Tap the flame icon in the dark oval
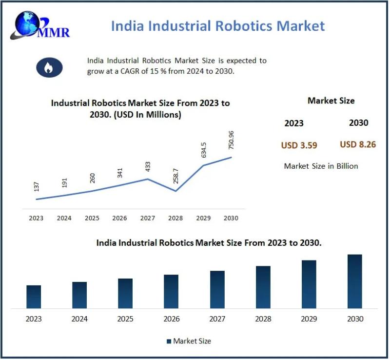point(49,67)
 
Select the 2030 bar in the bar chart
point(355,281)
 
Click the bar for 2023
point(34,297)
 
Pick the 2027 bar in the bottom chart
point(217,289)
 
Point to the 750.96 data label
point(232,140)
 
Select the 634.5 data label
point(204,150)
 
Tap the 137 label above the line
point(37,187)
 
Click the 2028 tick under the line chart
point(175,218)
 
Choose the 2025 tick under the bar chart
point(125,319)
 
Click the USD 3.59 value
point(299,145)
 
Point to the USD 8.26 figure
point(358,144)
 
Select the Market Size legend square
point(169,341)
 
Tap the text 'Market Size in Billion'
point(321,166)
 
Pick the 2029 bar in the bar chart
point(309,284)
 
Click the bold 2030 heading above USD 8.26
point(358,123)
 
